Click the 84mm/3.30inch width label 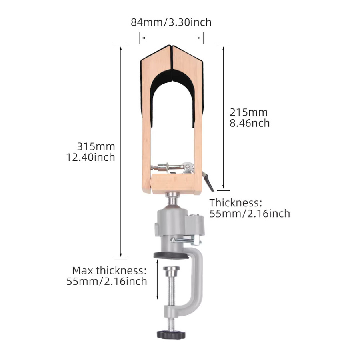click(171, 22)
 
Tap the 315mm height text click(96, 146)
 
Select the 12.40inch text click(91, 157)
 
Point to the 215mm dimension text click(249, 112)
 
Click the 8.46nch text click(250, 123)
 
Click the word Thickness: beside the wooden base click(236, 203)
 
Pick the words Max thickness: click(109, 270)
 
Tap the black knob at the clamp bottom click(171, 334)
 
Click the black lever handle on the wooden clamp click(209, 182)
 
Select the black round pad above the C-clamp click(171, 256)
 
